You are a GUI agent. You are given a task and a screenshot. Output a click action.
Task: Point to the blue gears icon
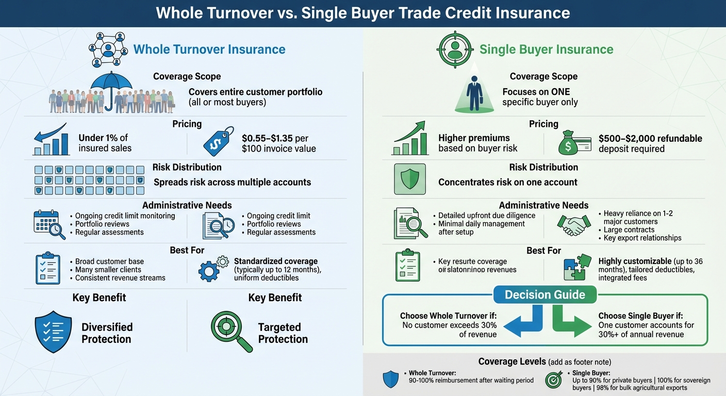point(213,269)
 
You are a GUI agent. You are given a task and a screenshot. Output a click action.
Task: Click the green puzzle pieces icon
point(576,267)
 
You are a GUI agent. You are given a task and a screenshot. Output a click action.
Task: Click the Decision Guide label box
point(544,294)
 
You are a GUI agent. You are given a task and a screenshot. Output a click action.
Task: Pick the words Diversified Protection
point(107,333)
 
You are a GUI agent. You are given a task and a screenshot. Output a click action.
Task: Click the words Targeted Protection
point(283,333)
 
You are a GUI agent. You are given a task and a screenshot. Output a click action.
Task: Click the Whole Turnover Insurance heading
point(209,49)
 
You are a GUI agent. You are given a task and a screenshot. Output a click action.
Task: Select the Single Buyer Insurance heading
point(546,49)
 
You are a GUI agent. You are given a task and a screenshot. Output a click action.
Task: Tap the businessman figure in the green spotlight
point(474,92)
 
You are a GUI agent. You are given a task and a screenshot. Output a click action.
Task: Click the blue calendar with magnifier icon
point(49,225)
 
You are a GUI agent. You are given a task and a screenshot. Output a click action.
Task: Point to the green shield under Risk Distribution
point(409,178)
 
